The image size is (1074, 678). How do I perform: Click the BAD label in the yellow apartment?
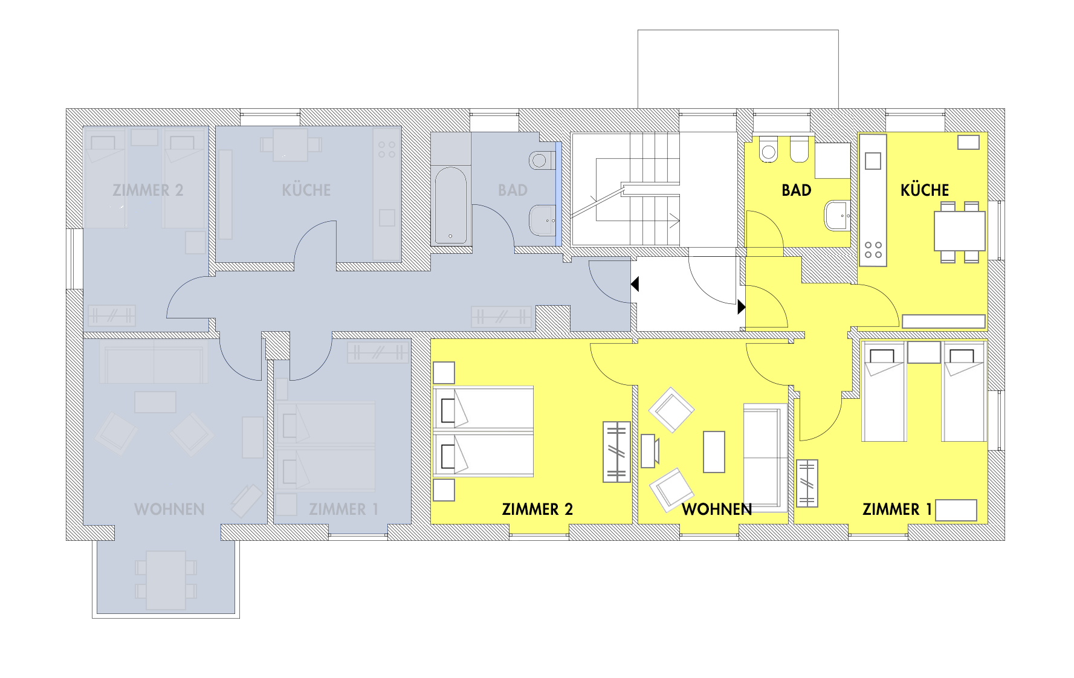coord(796,190)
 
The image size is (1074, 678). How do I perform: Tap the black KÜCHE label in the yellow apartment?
coord(924,190)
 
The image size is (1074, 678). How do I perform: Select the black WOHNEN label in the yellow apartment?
coord(717,509)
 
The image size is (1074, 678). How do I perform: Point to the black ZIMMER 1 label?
coord(897,509)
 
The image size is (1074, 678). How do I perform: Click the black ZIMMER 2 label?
coord(537,509)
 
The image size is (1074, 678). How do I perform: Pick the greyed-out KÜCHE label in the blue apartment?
coord(306,190)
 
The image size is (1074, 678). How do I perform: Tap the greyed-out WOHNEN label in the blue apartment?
coord(169,509)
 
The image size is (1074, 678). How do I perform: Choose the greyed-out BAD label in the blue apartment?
coord(513,190)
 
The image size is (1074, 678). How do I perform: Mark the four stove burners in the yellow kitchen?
coord(873,250)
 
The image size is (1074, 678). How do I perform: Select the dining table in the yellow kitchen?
coord(960,230)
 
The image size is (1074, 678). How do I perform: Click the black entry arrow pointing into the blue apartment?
coord(635,283)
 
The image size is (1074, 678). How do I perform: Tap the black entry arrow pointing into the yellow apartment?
coord(742,307)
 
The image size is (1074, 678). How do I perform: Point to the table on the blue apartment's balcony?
coord(166,580)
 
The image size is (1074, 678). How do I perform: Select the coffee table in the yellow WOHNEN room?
coord(714,451)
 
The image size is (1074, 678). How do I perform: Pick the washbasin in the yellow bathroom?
coord(838,216)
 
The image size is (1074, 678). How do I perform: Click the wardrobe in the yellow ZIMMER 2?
coord(616,452)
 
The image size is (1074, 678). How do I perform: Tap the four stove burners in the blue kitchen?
coord(387,149)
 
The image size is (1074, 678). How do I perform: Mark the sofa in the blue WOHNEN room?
coord(154,361)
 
